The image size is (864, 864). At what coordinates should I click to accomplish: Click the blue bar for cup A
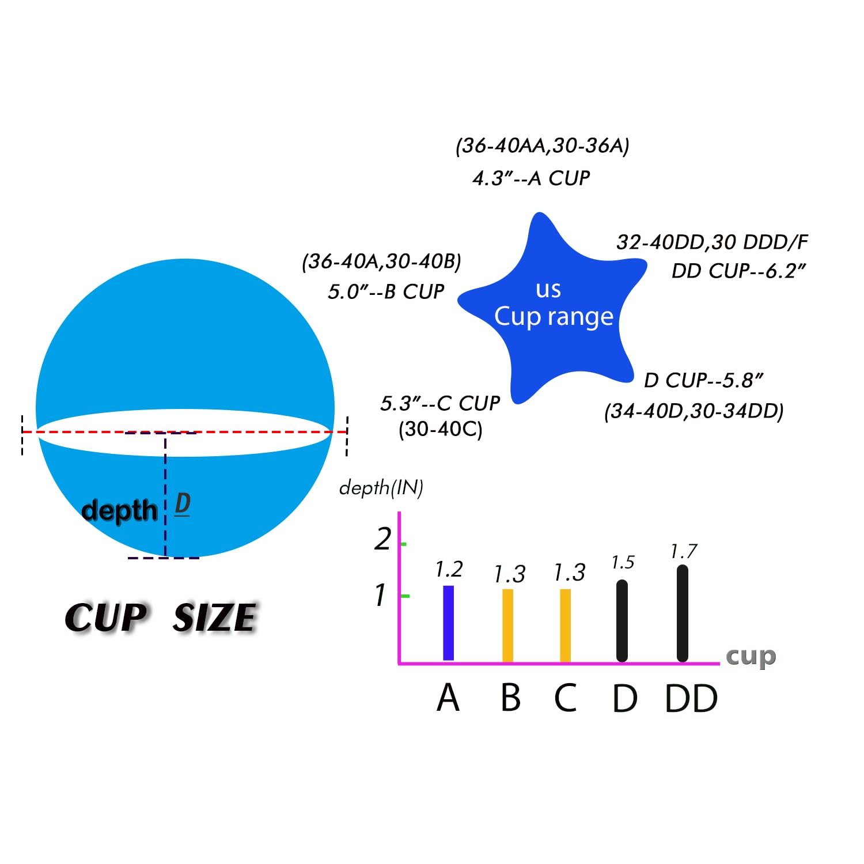(x=448, y=623)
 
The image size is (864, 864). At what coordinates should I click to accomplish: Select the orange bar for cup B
(x=507, y=626)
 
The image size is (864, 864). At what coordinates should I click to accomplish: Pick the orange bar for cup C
(x=566, y=626)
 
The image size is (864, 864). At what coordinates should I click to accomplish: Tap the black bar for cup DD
(x=682, y=613)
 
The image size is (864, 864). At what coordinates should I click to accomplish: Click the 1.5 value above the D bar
(x=623, y=562)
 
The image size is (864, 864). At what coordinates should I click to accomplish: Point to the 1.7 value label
(x=684, y=551)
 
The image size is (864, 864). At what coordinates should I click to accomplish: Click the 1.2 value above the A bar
(x=449, y=569)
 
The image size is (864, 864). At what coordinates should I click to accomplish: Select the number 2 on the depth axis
(x=383, y=539)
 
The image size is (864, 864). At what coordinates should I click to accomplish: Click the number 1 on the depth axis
(x=380, y=595)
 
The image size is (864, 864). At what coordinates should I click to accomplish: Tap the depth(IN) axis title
(x=381, y=488)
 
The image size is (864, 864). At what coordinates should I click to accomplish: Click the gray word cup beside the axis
(x=751, y=657)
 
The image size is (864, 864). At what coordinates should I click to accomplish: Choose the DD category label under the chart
(x=691, y=699)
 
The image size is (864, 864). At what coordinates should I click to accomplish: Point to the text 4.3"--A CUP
(x=531, y=178)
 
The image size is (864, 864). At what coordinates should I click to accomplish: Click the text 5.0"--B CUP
(x=386, y=291)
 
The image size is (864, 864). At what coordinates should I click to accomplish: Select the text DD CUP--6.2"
(x=739, y=270)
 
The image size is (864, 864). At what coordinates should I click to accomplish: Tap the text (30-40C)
(x=441, y=429)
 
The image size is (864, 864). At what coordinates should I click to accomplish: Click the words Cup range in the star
(x=554, y=317)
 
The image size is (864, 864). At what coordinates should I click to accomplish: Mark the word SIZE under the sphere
(x=214, y=617)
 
